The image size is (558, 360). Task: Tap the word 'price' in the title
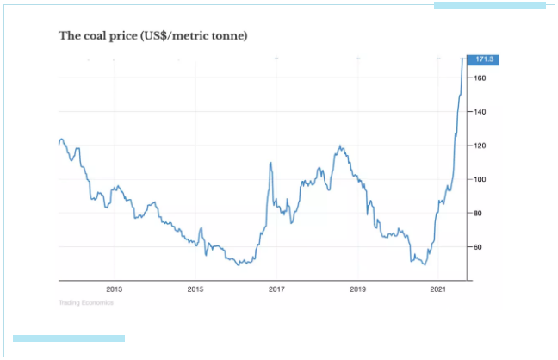click(x=127, y=36)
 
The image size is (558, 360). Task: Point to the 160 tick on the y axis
click(x=480, y=78)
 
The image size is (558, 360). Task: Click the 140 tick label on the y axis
click(x=480, y=112)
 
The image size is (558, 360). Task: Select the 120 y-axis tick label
click(x=480, y=146)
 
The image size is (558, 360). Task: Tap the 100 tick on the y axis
click(x=480, y=179)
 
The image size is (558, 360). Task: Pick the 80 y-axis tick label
click(x=478, y=213)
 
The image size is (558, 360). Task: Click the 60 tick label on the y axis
click(x=478, y=246)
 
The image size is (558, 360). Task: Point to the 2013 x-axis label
click(x=115, y=289)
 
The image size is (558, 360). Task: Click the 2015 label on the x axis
click(x=195, y=289)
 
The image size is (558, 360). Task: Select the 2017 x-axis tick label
click(x=276, y=289)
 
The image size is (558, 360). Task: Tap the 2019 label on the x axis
click(x=357, y=289)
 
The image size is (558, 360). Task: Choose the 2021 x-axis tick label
click(x=438, y=289)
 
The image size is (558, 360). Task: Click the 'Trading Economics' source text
click(x=85, y=302)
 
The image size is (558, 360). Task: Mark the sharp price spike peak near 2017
click(x=270, y=163)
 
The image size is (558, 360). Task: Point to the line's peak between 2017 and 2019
click(x=341, y=146)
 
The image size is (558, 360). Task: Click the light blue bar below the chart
click(x=69, y=338)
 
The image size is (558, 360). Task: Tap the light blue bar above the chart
click(x=489, y=5)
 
